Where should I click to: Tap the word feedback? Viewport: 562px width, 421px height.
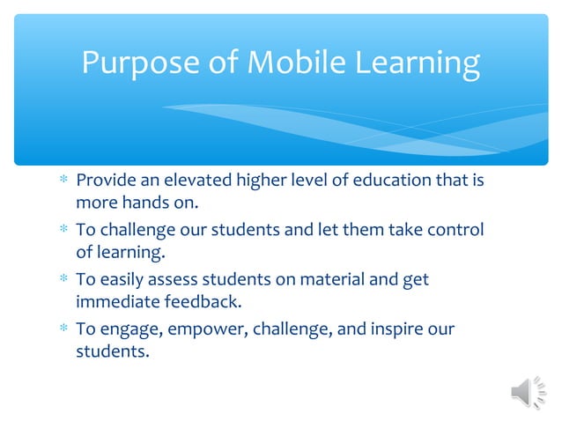(x=202, y=303)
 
